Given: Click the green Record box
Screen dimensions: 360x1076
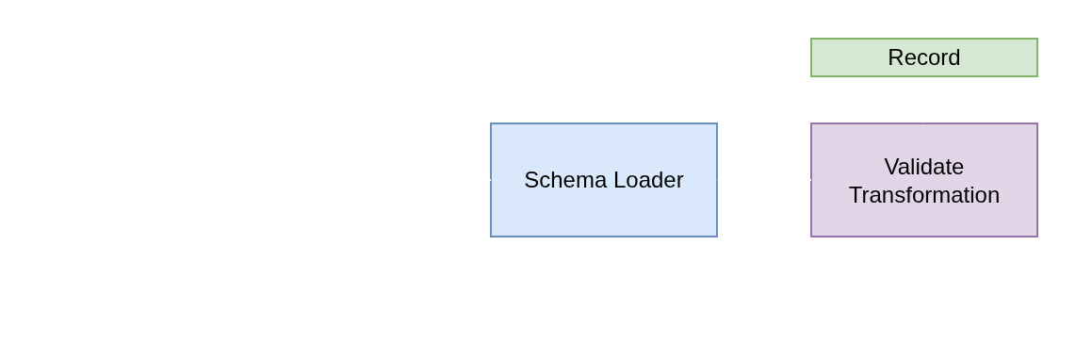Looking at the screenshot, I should (x=923, y=57).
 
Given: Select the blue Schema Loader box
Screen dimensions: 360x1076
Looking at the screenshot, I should (x=603, y=179).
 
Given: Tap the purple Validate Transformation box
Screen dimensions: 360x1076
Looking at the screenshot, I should (x=923, y=180).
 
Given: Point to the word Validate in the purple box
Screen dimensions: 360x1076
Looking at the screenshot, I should (x=923, y=167).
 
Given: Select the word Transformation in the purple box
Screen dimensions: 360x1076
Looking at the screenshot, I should (x=923, y=195).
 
